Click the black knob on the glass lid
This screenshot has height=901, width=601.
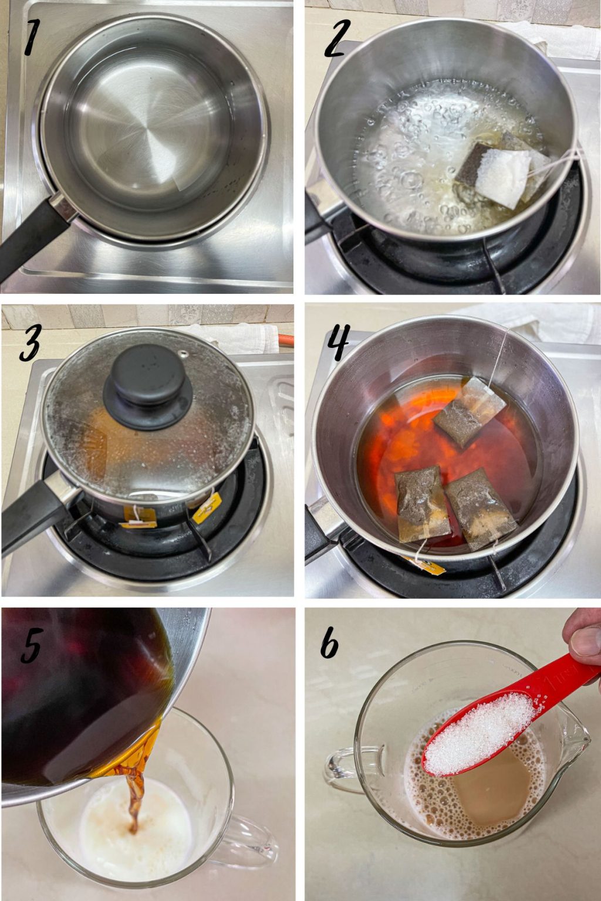click(x=147, y=386)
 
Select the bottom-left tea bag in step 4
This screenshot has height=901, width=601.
click(x=421, y=502)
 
